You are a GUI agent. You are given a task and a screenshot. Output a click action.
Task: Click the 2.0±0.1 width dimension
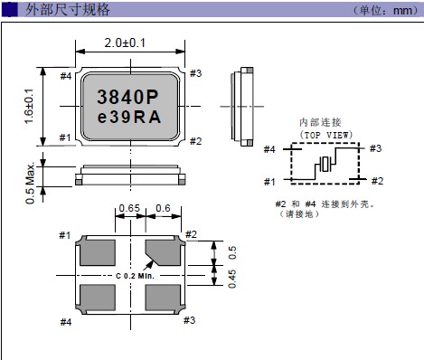click(x=125, y=43)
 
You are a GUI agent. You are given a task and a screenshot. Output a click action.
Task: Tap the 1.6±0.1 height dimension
click(x=29, y=106)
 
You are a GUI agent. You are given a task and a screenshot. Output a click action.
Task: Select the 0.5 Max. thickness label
click(x=30, y=184)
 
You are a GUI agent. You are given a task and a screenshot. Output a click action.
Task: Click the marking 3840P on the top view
click(x=127, y=97)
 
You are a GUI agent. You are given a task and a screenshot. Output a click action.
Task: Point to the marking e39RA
click(x=129, y=117)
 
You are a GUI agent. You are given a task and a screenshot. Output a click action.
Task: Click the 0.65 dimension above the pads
click(x=129, y=208)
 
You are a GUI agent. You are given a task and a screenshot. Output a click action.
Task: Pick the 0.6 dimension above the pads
click(x=163, y=208)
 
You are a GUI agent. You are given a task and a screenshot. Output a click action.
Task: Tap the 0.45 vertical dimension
click(x=232, y=279)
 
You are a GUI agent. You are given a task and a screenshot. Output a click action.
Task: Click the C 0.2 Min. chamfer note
click(x=135, y=276)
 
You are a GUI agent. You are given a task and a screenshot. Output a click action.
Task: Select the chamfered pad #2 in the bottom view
click(x=165, y=251)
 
